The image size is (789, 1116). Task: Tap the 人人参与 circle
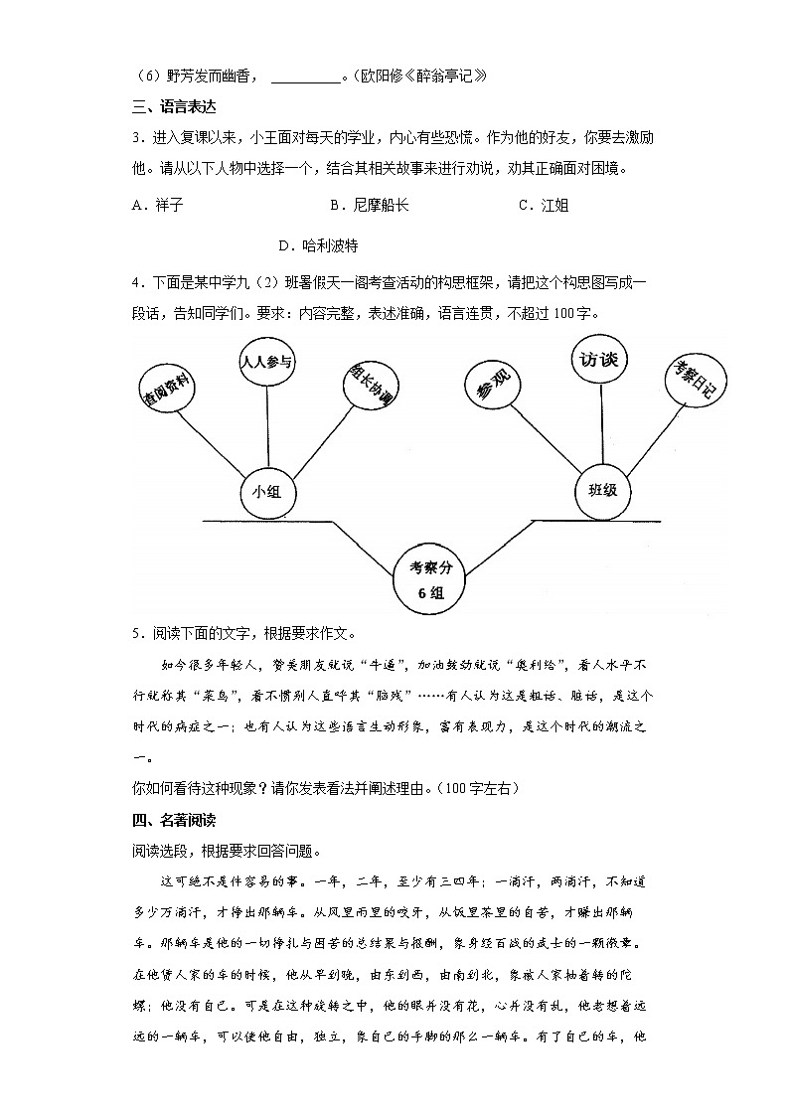pyautogui.click(x=266, y=362)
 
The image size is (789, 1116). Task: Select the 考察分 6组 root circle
pyautogui.click(x=433, y=579)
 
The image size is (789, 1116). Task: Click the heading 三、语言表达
pyautogui.click(x=174, y=106)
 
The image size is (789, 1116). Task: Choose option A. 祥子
pyautogui.click(x=157, y=205)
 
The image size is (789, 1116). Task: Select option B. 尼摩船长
pyautogui.click(x=368, y=205)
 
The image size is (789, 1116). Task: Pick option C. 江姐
pyautogui.click(x=544, y=205)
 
